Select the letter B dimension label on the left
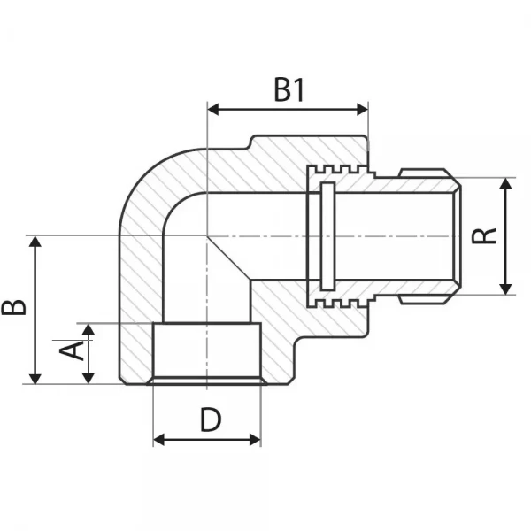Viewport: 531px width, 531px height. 13,307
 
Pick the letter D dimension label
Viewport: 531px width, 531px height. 209,420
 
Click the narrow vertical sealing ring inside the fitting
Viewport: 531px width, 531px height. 327,235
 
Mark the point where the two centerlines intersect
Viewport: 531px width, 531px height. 207,235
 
